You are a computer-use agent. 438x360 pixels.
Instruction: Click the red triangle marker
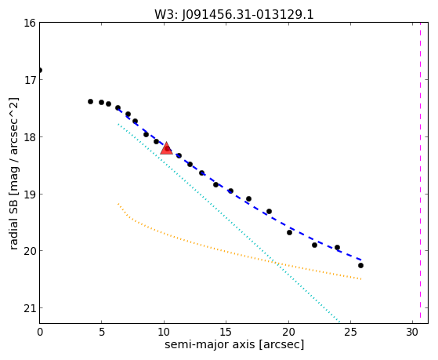click(x=166, y=148)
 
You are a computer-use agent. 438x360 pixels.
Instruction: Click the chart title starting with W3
click(x=234, y=14)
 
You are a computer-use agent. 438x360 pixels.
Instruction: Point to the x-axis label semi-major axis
click(x=234, y=344)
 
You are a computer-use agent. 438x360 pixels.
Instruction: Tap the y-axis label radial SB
click(x=14, y=173)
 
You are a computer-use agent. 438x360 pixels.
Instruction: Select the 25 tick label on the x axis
click(x=350, y=332)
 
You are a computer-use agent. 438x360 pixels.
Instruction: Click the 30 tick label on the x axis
click(x=413, y=332)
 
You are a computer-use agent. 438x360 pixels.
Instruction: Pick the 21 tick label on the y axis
click(x=30, y=308)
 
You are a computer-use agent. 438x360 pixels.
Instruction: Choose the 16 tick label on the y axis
click(x=30, y=23)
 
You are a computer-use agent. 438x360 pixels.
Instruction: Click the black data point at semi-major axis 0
click(x=40, y=70)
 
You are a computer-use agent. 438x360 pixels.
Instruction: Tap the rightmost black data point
click(x=360, y=265)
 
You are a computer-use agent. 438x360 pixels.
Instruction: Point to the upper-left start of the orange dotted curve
click(x=118, y=204)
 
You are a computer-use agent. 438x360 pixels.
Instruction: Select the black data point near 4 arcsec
click(x=90, y=101)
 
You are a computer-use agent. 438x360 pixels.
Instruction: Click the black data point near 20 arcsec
click(x=289, y=232)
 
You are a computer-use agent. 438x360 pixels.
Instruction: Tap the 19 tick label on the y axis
click(x=30, y=194)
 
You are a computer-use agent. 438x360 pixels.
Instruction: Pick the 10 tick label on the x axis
click(x=164, y=332)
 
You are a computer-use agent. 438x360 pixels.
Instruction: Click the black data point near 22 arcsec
click(x=314, y=245)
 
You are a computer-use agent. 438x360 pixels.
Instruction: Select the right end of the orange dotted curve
click(x=361, y=279)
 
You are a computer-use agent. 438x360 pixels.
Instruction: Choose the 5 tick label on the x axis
click(x=102, y=332)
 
